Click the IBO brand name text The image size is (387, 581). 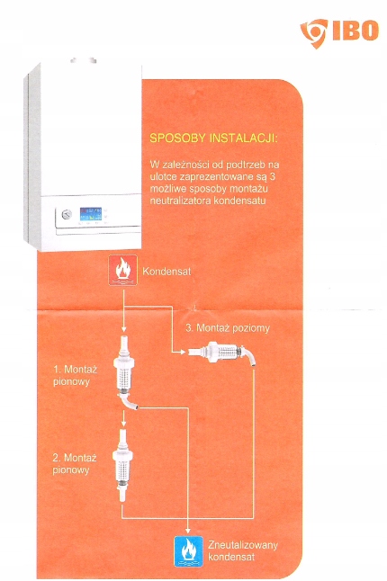tap(355, 31)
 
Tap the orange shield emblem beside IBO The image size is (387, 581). tap(314, 33)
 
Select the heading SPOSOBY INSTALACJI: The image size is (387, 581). tap(213, 139)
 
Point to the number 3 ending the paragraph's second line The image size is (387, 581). tap(273, 176)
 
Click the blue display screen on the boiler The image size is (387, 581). tap(91, 214)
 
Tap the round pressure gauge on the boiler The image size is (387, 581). tap(67, 214)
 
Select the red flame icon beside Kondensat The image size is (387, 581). tap(123, 271)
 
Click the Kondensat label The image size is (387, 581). tap(166, 272)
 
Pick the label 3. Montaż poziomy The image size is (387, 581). tap(228, 328)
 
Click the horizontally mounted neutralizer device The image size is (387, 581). tap(221, 353)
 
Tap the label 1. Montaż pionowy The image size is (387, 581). tap(76, 375)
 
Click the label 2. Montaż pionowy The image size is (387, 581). tap(75, 464)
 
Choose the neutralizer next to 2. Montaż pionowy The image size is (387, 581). tap(122, 465)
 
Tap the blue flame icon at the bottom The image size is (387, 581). tap(189, 551)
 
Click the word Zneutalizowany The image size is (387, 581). tap(243, 545)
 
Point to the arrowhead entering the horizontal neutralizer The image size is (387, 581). tap(183, 352)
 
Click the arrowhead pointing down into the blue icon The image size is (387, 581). tap(188, 531)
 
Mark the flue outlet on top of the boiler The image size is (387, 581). tap(84, 60)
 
